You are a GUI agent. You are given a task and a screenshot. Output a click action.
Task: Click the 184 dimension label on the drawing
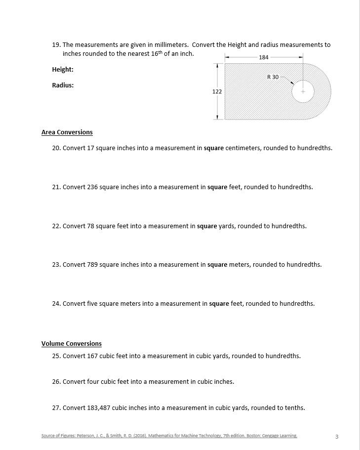[264, 57]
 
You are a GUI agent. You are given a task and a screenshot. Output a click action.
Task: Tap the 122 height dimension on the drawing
[217, 91]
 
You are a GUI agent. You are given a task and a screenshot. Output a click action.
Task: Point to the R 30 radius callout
[273, 77]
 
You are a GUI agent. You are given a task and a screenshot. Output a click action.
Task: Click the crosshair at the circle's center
[303, 91]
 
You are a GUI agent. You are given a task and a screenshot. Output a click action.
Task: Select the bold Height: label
[63, 70]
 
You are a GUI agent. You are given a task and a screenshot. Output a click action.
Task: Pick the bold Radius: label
[63, 85]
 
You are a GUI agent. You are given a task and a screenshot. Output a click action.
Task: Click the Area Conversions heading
[67, 132]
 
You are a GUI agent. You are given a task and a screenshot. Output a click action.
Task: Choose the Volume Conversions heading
[72, 344]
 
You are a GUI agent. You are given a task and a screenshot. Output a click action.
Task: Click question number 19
[56, 45]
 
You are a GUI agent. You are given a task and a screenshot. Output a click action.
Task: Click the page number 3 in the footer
[337, 437]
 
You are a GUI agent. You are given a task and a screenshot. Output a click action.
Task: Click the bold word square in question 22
[207, 226]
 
